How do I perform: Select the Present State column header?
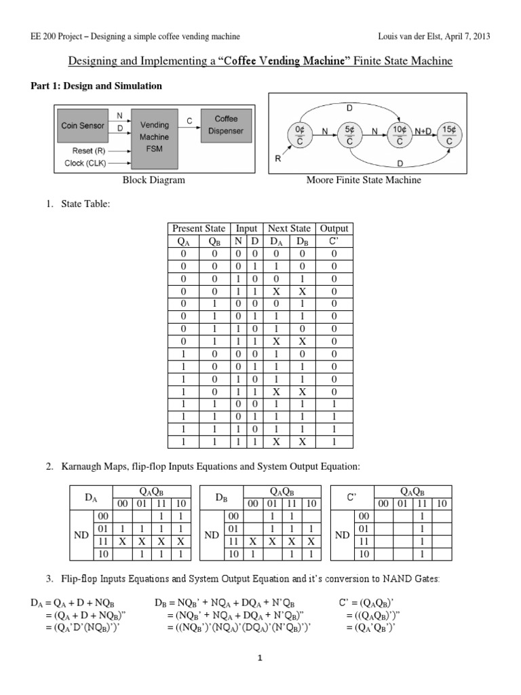pos(199,229)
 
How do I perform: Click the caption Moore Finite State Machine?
pos(363,180)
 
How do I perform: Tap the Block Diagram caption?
pos(153,180)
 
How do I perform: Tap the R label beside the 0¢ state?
pos(277,159)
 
